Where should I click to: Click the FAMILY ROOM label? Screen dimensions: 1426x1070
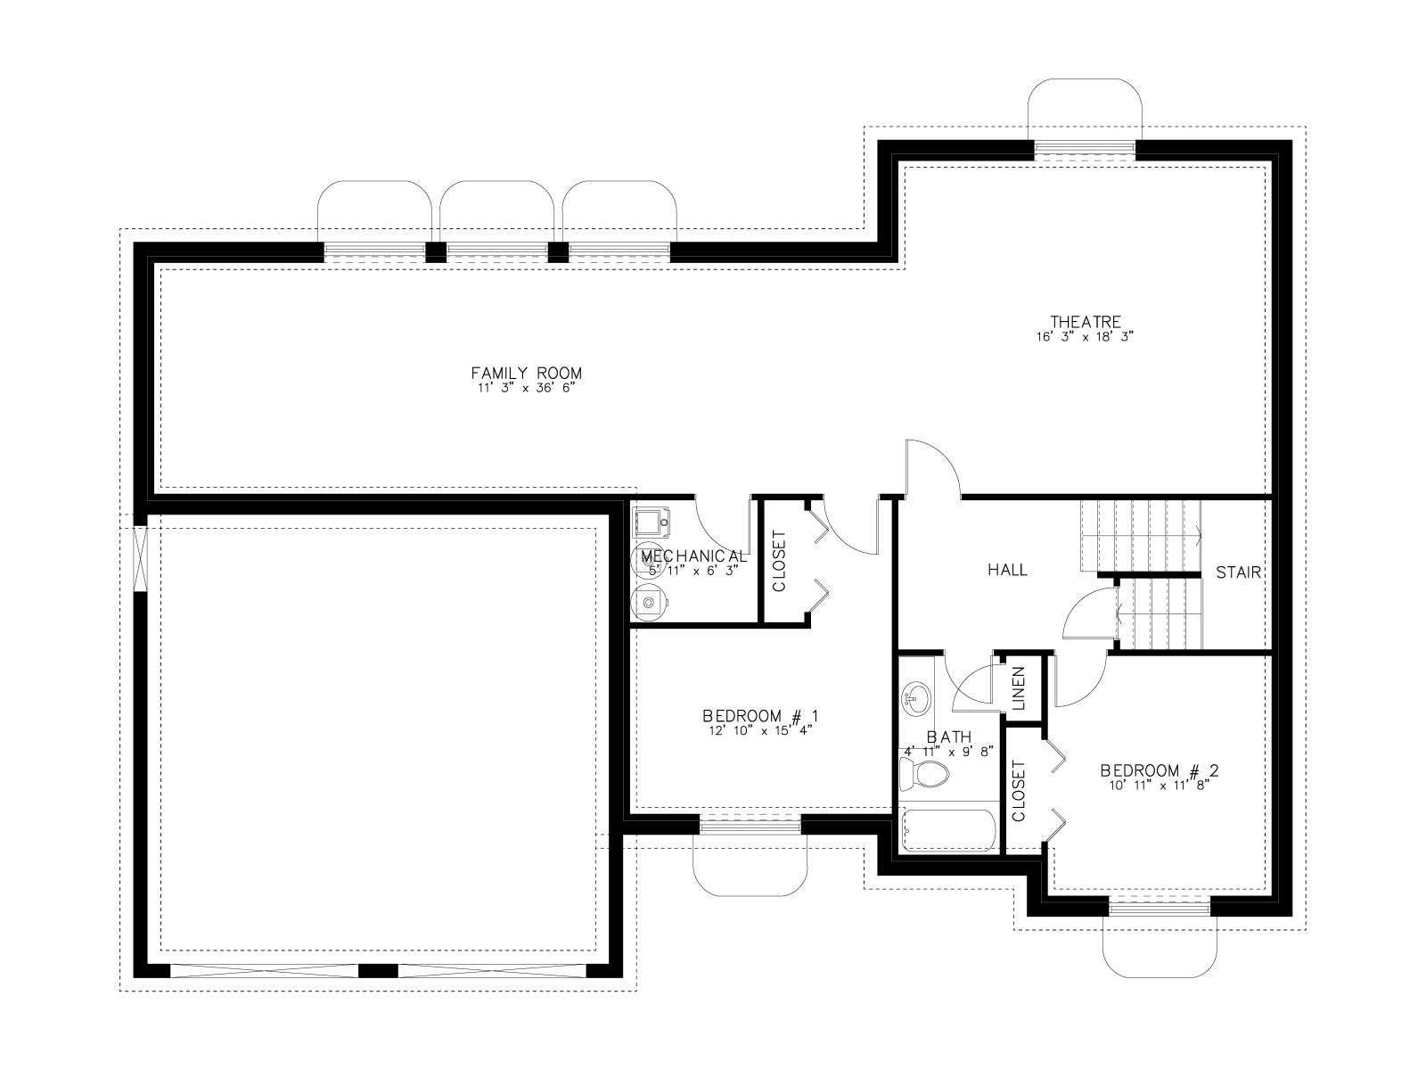[526, 373]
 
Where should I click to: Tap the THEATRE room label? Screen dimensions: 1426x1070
[1086, 322]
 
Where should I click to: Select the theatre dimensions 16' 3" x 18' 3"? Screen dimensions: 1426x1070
[1085, 336]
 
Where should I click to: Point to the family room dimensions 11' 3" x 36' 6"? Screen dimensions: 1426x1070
[526, 389]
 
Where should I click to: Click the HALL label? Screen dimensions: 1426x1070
[1008, 570]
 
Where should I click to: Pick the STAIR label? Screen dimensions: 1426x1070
[1238, 572]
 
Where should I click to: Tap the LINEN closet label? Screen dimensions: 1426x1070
[1018, 688]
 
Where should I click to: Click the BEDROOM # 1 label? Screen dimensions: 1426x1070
[761, 716]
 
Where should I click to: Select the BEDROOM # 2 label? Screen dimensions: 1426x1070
[1159, 770]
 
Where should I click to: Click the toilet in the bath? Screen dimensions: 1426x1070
[924, 774]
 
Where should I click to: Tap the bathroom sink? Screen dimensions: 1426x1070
[916, 699]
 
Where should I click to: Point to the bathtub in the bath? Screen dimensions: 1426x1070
[948, 830]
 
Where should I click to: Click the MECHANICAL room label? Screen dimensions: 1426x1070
[693, 556]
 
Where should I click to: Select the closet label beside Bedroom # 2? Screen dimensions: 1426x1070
[1018, 791]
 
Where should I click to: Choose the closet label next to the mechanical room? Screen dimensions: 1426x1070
[780, 562]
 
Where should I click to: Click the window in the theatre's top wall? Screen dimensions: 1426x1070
[1085, 149]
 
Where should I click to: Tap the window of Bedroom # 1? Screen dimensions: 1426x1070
[750, 826]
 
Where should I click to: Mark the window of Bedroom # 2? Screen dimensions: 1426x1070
[1160, 909]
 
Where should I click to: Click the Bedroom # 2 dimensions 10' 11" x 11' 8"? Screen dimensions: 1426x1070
[1159, 785]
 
